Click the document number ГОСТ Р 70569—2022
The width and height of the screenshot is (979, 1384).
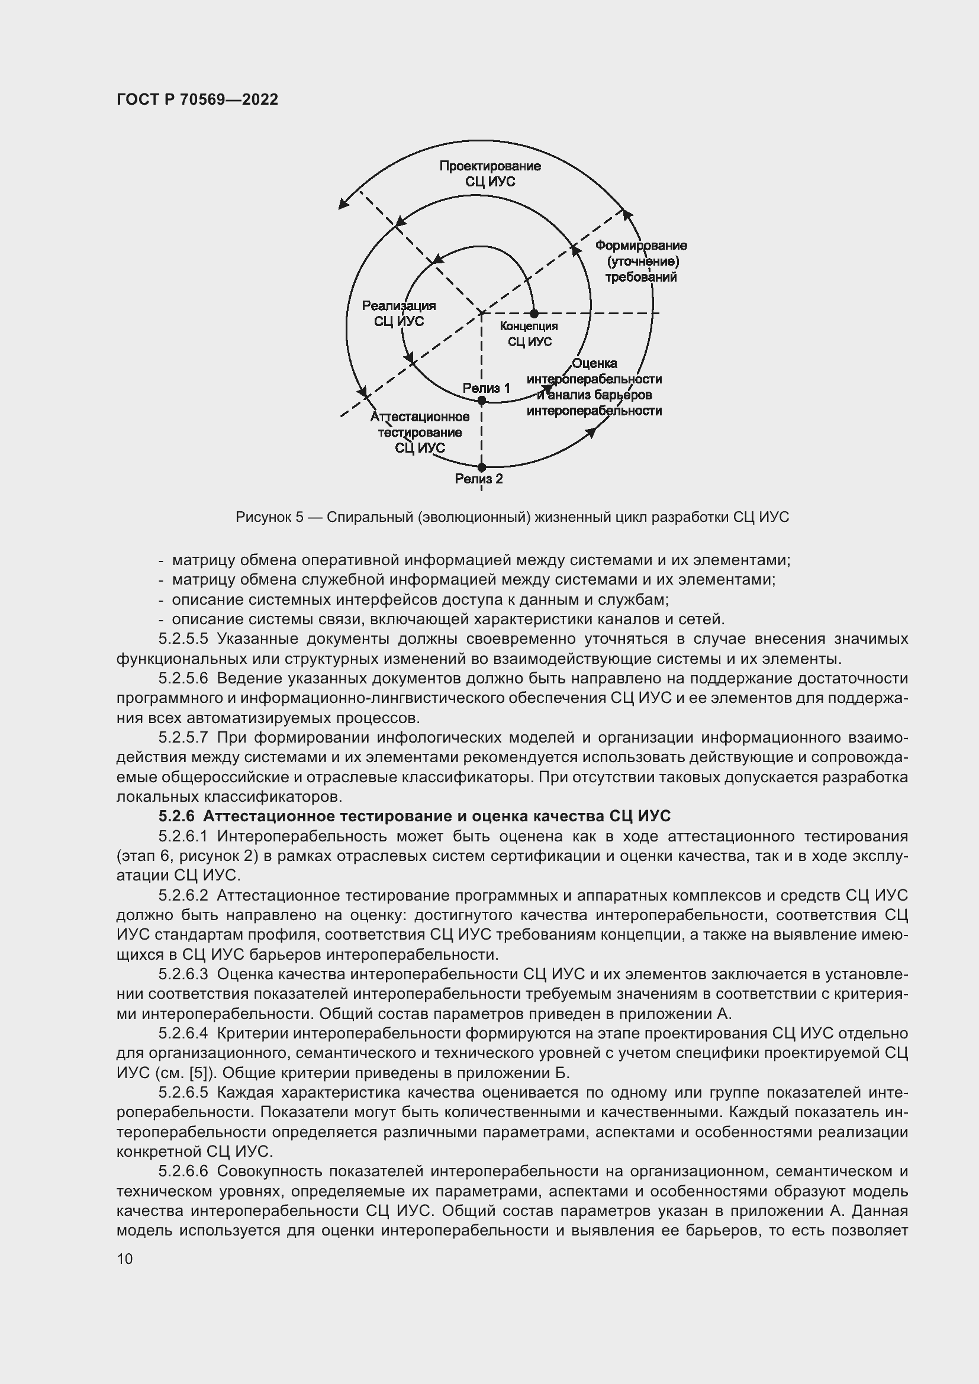pos(197,100)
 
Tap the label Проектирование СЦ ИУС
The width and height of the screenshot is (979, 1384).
pos(489,173)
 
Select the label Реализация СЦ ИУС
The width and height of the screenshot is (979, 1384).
pos(398,314)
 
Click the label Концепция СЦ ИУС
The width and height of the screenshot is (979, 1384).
pos(529,334)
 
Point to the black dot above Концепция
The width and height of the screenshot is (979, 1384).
pos(534,314)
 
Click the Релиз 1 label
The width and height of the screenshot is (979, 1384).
pos(487,388)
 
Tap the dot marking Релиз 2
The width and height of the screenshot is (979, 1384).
pos(481,467)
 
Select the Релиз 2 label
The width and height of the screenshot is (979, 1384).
pos(479,479)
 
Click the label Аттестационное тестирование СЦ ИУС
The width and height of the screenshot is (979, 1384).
pos(420,432)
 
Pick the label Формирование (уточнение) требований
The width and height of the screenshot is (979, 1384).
pos(641,261)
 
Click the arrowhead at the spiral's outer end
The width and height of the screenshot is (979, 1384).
pos(343,204)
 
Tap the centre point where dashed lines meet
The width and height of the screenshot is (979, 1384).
pos(481,314)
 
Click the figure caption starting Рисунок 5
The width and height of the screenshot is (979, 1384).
pos(512,517)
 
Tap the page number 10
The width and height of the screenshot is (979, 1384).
pos(125,1259)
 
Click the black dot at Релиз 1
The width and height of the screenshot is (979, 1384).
pos(481,400)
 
